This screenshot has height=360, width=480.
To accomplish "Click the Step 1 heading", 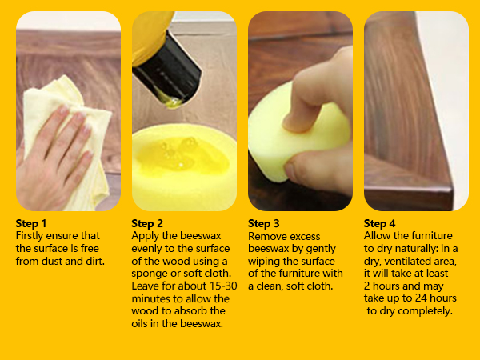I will [x=32, y=223].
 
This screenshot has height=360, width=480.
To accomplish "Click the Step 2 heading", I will [x=148, y=223].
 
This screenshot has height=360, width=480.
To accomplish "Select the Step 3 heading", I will [x=264, y=223].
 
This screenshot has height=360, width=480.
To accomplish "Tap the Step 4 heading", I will [x=380, y=223].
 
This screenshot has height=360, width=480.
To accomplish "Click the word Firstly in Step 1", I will [x=32, y=236].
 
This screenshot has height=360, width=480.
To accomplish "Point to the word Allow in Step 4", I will [x=378, y=236].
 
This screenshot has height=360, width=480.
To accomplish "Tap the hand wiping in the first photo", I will [x=59, y=152].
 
